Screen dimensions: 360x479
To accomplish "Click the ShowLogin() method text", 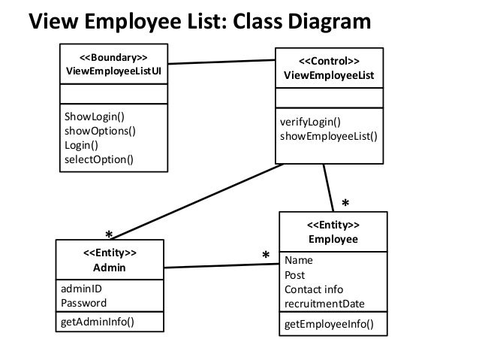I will (94, 117).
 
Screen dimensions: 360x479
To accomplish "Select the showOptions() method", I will (100, 131).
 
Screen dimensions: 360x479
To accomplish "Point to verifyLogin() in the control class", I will (310, 123).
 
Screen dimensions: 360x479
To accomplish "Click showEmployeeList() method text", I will (329, 137).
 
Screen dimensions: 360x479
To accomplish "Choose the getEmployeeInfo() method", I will (329, 325).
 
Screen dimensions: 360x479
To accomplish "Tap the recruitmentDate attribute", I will (324, 304).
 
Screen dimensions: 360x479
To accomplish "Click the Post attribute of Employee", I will (295, 275).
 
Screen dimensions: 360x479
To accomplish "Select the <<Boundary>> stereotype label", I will (113, 57).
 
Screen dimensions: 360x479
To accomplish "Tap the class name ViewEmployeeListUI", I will (113, 71).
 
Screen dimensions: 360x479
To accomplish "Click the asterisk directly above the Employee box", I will (345, 204).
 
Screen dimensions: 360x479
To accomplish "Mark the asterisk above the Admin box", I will (109, 233).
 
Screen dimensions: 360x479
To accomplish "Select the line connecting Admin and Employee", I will (218, 266).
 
